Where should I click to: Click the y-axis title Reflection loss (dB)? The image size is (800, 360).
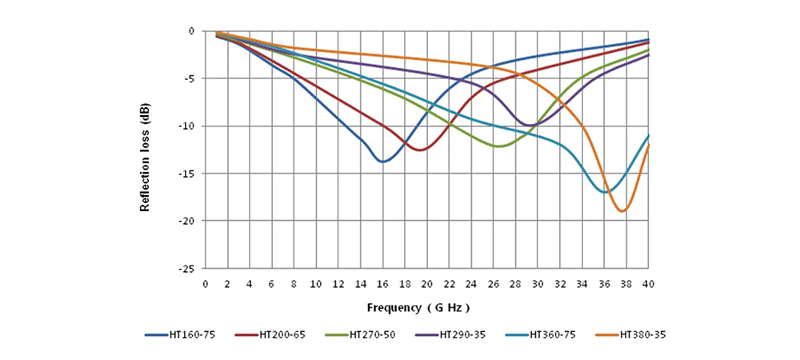[146, 158]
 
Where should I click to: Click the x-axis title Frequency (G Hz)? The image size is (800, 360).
[418, 307]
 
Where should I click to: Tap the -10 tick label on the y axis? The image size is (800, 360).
[187, 126]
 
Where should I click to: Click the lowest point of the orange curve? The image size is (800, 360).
[622, 211]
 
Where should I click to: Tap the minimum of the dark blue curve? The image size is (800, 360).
[383, 162]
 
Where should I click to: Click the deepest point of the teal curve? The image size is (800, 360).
[606, 192]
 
